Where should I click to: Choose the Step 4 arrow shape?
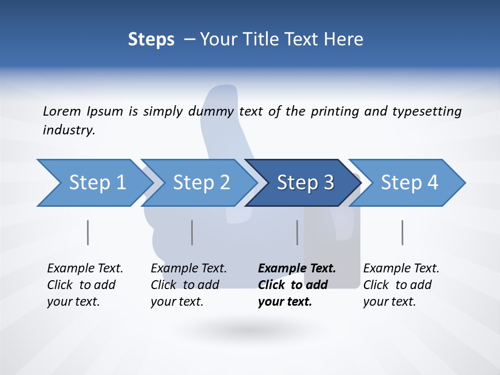(409, 183)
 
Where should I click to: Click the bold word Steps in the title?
(151, 40)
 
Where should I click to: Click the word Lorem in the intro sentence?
(62, 111)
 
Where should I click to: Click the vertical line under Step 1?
(88, 232)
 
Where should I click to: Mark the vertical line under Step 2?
(192, 232)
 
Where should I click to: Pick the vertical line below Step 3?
(297, 232)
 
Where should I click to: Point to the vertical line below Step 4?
(402, 232)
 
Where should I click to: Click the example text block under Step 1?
(85, 285)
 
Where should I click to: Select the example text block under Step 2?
(189, 285)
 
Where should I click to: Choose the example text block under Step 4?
(401, 285)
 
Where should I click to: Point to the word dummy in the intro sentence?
(214, 111)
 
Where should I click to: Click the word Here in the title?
(343, 40)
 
